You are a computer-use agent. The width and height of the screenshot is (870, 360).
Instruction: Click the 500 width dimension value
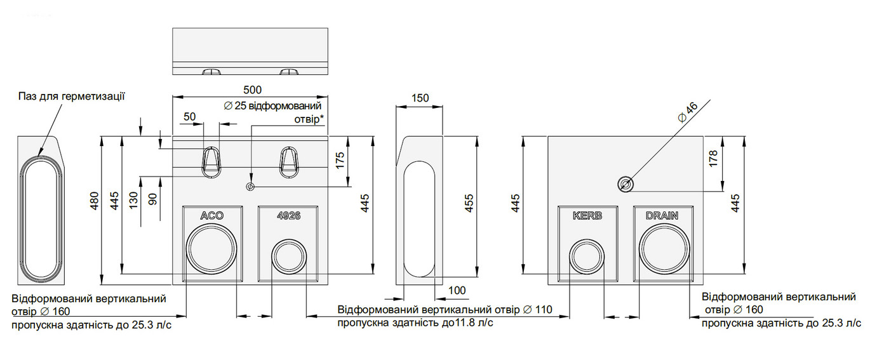click(x=253, y=90)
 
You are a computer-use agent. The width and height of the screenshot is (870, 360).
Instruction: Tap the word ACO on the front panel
click(x=212, y=215)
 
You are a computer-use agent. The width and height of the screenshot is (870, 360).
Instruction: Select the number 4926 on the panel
click(x=288, y=215)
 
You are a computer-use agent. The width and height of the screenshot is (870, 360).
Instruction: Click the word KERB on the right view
click(x=587, y=215)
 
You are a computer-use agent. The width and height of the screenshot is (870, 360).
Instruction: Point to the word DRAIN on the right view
click(x=662, y=215)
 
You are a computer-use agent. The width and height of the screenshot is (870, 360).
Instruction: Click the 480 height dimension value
click(x=95, y=201)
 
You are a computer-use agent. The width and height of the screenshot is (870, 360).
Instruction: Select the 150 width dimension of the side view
click(x=420, y=98)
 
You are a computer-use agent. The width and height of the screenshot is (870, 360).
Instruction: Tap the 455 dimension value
click(x=469, y=203)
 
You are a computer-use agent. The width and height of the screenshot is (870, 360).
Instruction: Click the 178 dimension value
click(x=714, y=159)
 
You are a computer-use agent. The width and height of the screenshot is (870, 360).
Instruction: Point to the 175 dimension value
click(x=340, y=161)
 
